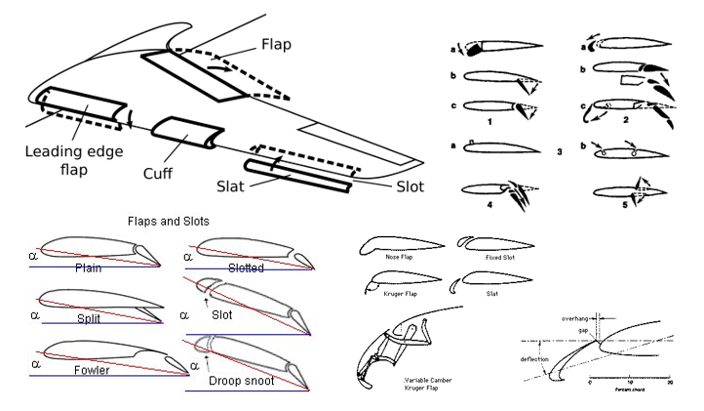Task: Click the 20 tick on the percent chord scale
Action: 670,384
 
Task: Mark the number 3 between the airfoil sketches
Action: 560,152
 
